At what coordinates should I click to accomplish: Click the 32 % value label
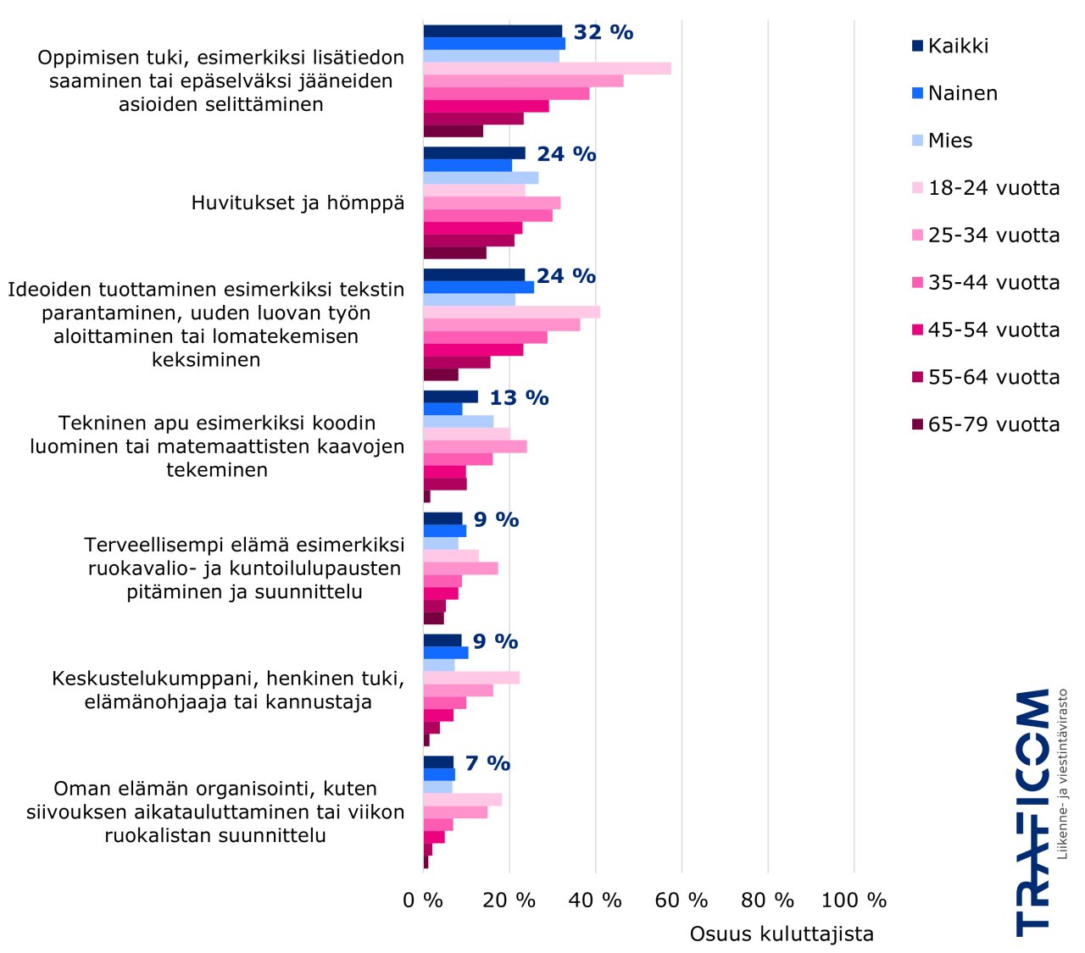[603, 32]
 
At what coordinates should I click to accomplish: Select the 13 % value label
[519, 398]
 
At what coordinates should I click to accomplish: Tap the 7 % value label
[487, 763]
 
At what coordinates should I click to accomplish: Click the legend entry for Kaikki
[958, 46]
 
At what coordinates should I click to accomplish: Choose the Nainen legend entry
[962, 93]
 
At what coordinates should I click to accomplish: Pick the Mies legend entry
[949, 141]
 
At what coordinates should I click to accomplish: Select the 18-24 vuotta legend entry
[993, 188]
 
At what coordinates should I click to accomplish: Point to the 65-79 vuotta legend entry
[993, 424]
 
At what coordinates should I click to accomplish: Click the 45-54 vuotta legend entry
[993, 330]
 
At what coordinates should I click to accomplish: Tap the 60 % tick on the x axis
[682, 900]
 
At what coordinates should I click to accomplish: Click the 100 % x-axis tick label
[854, 900]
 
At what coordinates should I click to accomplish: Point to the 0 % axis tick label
[423, 900]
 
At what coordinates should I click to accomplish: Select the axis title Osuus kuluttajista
[782, 934]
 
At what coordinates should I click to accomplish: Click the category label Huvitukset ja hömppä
[298, 203]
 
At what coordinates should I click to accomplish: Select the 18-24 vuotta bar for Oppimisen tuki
[547, 69]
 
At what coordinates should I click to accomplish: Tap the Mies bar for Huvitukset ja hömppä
[481, 178]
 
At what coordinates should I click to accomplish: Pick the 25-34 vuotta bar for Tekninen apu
[475, 446]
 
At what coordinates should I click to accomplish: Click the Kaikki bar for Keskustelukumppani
[442, 640]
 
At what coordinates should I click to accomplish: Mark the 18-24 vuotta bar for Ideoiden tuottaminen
[511, 312]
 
